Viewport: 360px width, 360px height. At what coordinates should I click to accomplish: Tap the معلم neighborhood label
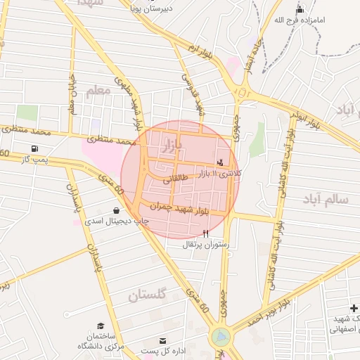(98, 91)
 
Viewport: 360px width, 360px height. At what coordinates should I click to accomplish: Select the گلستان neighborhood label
(147, 295)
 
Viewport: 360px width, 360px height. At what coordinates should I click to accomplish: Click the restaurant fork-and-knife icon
(205, 233)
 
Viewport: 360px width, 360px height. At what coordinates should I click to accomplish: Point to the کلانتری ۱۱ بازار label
(219, 173)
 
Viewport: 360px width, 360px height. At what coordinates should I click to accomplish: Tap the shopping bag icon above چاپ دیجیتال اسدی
(115, 210)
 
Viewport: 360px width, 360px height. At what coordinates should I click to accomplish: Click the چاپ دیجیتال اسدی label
(114, 220)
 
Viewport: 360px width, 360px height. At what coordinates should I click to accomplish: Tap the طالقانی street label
(176, 180)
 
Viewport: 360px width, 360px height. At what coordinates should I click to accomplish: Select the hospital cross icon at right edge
(353, 309)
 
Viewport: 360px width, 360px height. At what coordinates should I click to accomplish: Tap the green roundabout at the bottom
(221, 337)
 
